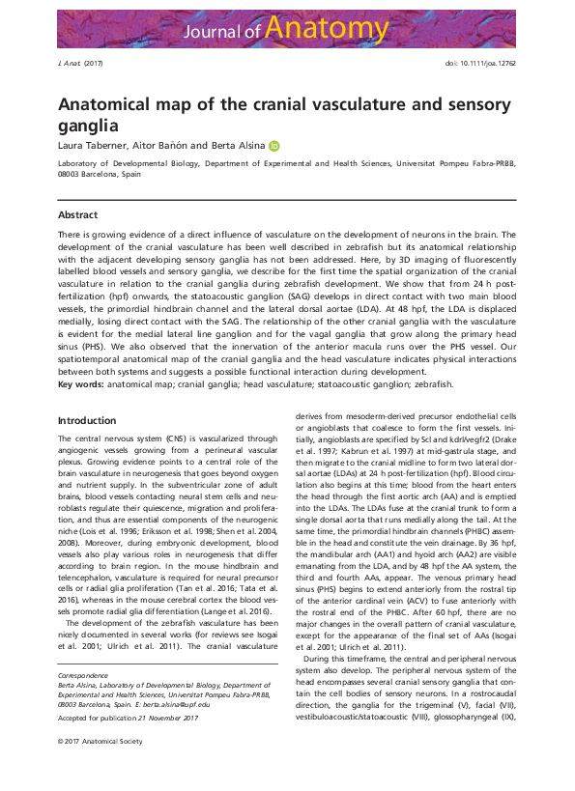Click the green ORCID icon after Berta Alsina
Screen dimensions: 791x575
273,146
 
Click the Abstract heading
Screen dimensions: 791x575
77,214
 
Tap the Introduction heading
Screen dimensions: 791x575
87,420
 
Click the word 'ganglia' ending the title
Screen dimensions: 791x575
88,125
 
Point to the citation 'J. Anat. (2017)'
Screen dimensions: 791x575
79,63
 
